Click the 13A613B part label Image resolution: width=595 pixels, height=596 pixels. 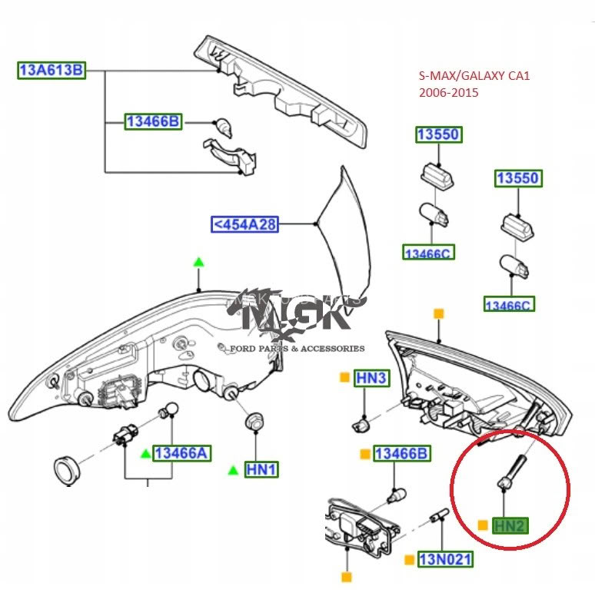51,71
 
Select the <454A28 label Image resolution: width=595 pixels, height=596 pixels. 245,224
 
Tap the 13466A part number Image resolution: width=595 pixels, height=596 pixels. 181,453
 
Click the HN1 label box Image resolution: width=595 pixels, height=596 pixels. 261,469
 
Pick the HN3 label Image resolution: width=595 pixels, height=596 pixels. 372,378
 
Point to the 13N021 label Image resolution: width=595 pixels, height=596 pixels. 445,559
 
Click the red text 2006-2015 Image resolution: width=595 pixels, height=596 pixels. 448,92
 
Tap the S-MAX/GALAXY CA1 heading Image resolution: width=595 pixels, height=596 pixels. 474,77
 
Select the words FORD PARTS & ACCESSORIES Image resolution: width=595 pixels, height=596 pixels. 297,349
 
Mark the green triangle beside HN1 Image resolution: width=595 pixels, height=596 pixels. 233,469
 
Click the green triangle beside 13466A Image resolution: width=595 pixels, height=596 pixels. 145,454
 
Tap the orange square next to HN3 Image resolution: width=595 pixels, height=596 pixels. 345,377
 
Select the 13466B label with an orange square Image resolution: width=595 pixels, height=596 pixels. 401,454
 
